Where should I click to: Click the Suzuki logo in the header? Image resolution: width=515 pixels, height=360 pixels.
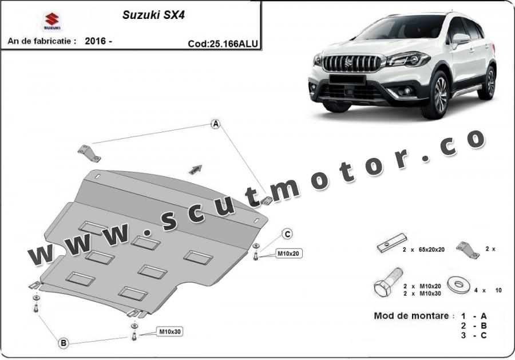[52, 22]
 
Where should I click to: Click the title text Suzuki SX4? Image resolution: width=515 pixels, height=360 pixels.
[153, 15]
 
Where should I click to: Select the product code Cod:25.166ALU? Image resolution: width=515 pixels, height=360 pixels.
[223, 43]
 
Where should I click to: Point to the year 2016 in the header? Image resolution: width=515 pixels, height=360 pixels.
[96, 41]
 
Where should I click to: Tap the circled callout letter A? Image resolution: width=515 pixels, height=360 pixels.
[216, 124]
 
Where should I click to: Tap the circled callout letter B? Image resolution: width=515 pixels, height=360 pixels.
[64, 343]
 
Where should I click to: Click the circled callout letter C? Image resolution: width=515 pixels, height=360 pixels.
[287, 234]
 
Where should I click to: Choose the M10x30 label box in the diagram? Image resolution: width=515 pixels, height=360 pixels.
[170, 332]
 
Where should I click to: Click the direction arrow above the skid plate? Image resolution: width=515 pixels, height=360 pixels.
[195, 169]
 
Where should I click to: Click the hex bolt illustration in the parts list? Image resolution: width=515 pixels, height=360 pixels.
[388, 282]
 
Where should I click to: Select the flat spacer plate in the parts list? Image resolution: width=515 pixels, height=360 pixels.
[392, 243]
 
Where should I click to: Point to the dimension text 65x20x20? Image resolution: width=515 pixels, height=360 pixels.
[431, 250]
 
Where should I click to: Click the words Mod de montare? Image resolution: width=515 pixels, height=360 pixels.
[411, 316]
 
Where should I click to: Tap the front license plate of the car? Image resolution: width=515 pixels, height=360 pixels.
[347, 79]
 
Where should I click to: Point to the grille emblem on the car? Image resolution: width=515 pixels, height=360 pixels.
[355, 61]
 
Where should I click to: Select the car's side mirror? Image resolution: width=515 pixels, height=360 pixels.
[460, 39]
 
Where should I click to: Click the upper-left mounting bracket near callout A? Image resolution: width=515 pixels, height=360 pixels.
[89, 154]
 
